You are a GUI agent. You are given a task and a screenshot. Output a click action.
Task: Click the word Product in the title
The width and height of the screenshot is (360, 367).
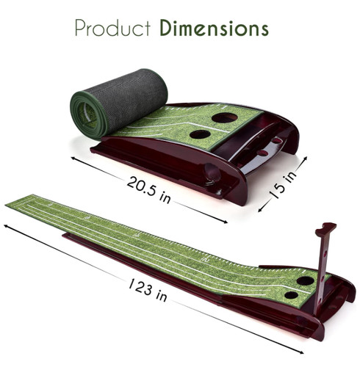[112, 28]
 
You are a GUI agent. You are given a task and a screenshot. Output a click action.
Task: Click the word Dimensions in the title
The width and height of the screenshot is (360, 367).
[215, 28]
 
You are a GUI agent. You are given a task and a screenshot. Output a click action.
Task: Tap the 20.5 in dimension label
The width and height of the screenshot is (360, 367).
[148, 189]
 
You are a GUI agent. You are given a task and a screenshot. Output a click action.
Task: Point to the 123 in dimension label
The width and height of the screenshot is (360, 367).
[148, 290]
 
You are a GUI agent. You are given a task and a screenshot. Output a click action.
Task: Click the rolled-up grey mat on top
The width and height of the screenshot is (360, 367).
[119, 103]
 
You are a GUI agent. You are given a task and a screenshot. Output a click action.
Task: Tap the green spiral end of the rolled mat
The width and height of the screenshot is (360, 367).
[86, 115]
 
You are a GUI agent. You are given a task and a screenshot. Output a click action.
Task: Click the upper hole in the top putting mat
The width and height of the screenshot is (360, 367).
[225, 117]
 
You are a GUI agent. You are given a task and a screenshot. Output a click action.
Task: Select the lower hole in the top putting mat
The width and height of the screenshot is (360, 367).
[201, 134]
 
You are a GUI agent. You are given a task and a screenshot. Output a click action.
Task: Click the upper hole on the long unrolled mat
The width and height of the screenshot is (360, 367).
[305, 280]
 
